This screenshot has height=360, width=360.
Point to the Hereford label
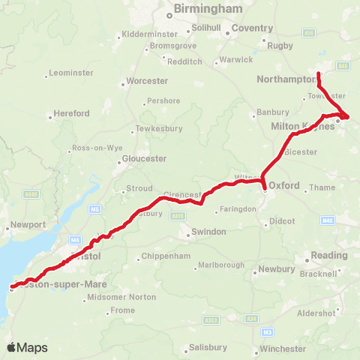[72, 113]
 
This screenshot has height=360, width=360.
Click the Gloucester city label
[144, 158]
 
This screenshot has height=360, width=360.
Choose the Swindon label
[208, 232]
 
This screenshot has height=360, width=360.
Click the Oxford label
[284, 185]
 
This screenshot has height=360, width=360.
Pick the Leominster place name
[70, 73]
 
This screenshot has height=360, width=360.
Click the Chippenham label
[166, 258]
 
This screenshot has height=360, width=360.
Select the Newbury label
[277, 268]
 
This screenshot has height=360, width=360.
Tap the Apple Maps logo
[27, 347]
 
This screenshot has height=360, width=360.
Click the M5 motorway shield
[95, 209]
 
